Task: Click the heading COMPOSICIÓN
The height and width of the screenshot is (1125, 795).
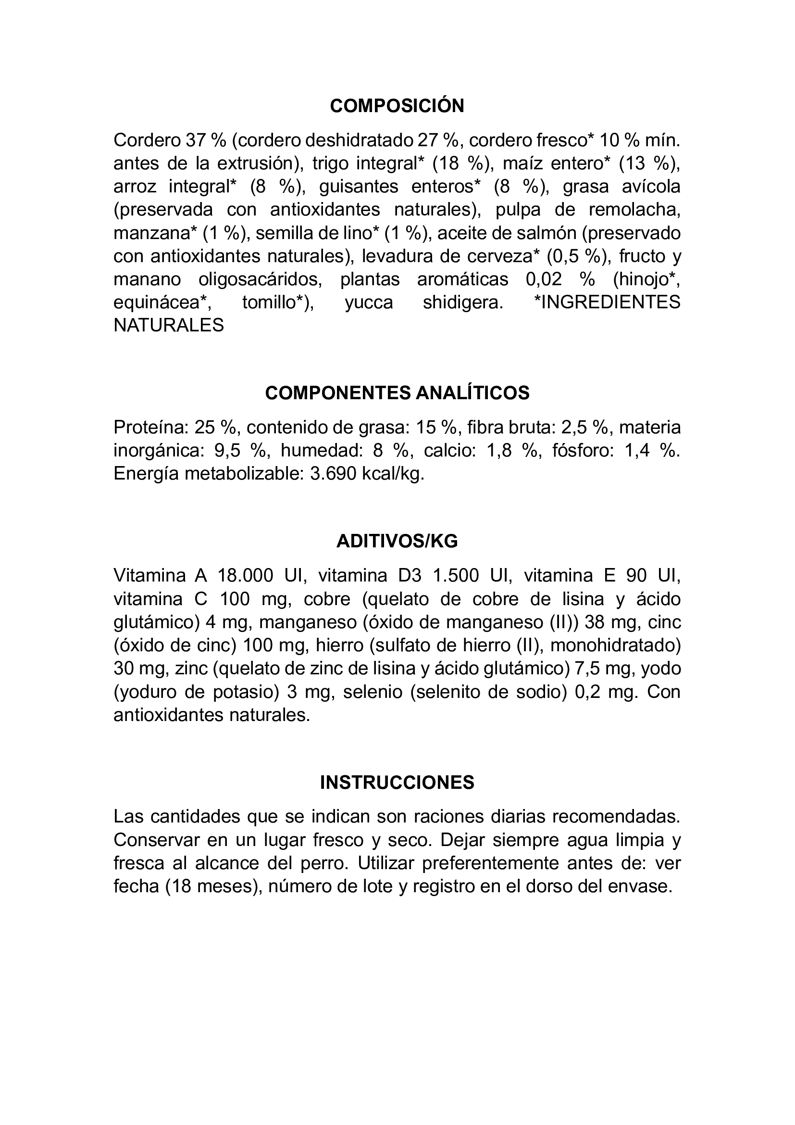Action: click(x=397, y=106)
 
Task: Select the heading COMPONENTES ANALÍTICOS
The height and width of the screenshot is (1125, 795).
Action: click(x=397, y=393)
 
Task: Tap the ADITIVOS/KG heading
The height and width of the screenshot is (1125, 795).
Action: click(x=397, y=541)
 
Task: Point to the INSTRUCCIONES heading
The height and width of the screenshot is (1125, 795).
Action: click(x=397, y=783)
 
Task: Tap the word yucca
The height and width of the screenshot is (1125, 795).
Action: click(x=369, y=303)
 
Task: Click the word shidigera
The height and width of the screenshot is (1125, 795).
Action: click(x=462, y=303)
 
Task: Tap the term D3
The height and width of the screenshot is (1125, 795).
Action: click(x=410, y=576)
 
